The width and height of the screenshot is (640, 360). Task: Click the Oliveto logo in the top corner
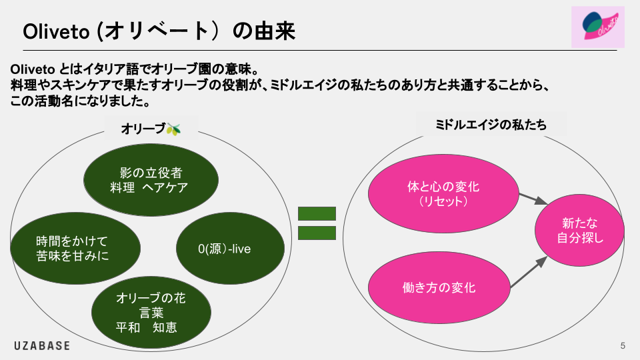click(x=598, y=27)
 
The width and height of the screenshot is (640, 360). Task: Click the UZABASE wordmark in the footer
click(x=42, y=345)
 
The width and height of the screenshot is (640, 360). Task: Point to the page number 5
click(x=623, y=345)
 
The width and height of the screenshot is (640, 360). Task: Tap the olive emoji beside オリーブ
click(x=173, y=129)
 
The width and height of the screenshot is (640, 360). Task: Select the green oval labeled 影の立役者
click(x=149, y=179)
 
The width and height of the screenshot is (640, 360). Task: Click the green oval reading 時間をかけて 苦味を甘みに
click(x=75, y=247)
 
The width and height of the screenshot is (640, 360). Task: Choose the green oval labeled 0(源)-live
click(x=224, y=249)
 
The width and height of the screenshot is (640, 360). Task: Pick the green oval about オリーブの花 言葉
click(x=151, y=313)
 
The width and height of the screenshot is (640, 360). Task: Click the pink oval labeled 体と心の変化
click(x=443, y=193)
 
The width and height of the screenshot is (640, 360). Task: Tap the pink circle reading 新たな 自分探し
click(x=579, y=230)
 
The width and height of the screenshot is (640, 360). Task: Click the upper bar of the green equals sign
click(x=317, y=214)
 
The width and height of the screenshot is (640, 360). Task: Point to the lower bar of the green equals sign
click(x=317, y=233)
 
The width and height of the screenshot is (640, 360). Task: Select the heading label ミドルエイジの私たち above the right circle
click(x=491, y=125)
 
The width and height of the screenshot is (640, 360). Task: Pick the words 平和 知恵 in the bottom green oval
click(x=146, y=327)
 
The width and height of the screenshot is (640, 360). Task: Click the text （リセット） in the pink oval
click(x=443, y=201)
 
